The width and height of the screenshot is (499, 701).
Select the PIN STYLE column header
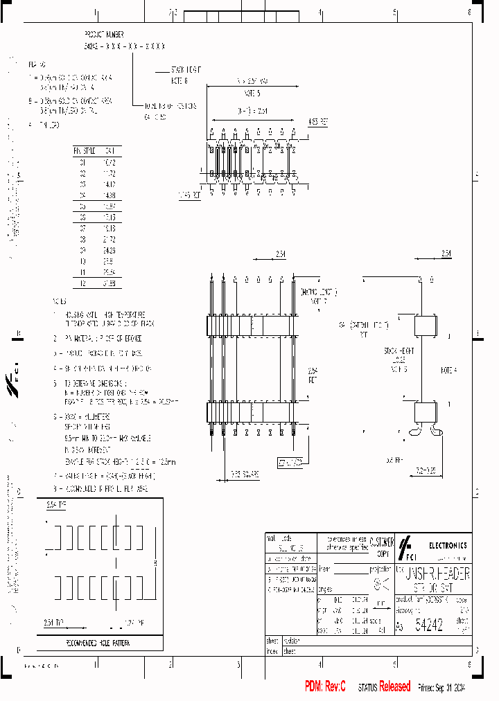coord(85,150)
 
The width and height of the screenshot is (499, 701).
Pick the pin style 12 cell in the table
coord(82,283)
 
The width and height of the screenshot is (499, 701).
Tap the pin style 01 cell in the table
coord(82,160)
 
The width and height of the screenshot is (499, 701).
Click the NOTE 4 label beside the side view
coord(450,371)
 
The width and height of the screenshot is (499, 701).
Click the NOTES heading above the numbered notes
coord(59,301)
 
